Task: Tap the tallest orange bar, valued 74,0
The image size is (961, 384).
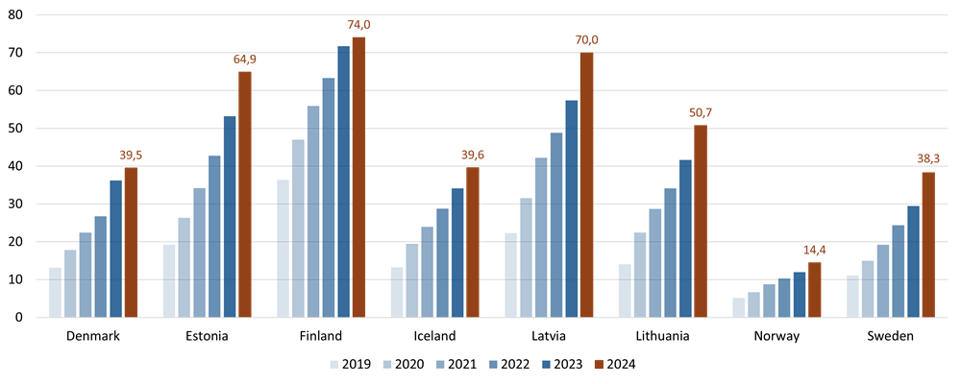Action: point(358,177)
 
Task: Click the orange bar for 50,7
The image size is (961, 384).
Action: point(701,221)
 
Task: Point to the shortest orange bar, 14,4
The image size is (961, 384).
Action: point(815,289)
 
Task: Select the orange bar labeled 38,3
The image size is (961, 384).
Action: point(928,244)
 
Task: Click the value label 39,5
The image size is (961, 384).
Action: point(131,155)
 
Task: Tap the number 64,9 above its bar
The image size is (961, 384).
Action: point(245,60)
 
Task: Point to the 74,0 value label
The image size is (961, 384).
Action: point(358,24)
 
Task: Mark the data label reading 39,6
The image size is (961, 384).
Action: point(473,155)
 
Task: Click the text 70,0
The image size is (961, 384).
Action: point(586,39)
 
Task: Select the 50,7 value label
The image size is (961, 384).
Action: point(701,112)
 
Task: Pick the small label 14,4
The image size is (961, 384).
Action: point(815,250)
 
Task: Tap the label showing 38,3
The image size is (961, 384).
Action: point(928,158)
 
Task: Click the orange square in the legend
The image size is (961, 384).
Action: point(599,364)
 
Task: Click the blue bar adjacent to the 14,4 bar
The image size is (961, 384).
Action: point(800,294)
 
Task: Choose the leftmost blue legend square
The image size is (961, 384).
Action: point(334,364)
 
